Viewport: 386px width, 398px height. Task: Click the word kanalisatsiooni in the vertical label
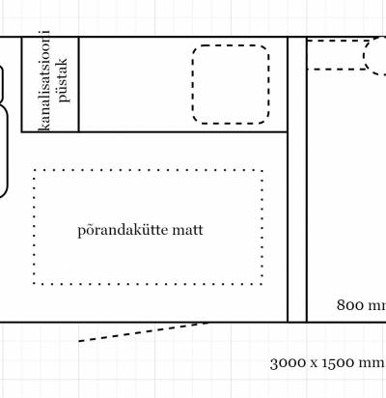[44, 80]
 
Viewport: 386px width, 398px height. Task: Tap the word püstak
[63, 80]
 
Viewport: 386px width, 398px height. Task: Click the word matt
[187, 231]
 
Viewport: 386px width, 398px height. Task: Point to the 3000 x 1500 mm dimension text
[328, 363]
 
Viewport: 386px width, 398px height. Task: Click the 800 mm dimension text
[361, 305]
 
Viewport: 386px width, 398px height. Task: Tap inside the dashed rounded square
[231, 84]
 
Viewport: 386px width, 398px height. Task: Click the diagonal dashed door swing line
[144, 331]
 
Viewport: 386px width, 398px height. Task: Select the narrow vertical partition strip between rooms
[297, 180]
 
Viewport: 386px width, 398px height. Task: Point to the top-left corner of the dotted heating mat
[34, 170]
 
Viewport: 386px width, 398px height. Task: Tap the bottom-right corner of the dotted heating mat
[262, 284]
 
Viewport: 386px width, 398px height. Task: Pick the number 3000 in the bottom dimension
[288, 363]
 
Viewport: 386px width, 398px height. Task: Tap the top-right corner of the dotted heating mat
[262, 170]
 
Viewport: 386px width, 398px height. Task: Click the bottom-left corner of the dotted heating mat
[34, 284]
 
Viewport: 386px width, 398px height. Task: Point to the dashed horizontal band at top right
[336, 55]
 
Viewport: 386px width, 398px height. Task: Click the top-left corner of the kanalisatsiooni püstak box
[21, 37]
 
